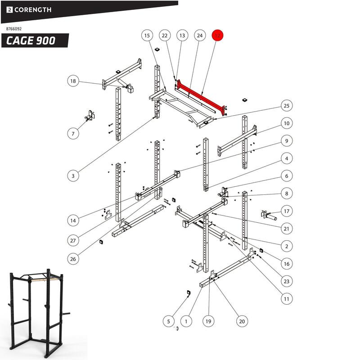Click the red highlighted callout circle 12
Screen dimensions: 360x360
point(218,36)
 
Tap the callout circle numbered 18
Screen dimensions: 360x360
point(73,81)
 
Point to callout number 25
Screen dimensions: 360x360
point(286,105)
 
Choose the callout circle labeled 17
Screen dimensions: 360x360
point(286,211)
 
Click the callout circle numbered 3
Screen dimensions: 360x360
point(73,176)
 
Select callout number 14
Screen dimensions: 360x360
point(73,220)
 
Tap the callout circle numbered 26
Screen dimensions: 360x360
point(73,259)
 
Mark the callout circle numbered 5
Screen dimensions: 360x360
point(168,321)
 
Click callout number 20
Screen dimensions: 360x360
point(242,321)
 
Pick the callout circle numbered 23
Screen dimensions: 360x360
point(286,281)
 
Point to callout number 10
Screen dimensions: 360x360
point(286,123)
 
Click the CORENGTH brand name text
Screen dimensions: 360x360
point(34,9)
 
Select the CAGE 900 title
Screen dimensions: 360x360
point(31,40)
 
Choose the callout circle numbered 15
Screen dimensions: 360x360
point(146,36)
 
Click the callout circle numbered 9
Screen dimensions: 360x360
point(286,141)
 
